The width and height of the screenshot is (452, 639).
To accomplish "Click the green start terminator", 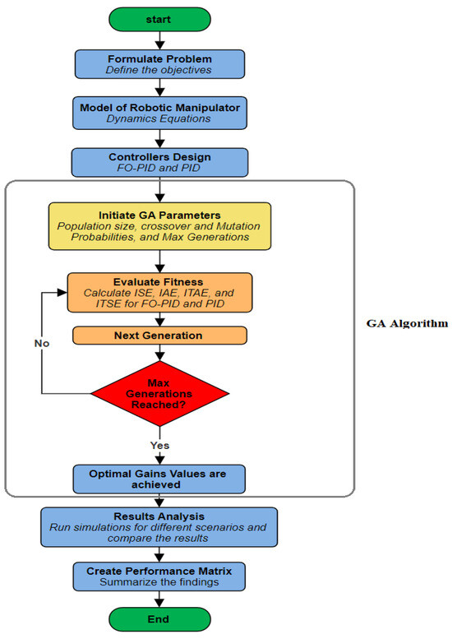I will (160, 17).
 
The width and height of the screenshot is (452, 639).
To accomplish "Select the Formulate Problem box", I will (160, 64).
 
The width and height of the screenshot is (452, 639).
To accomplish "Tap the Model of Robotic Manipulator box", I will (160, 112).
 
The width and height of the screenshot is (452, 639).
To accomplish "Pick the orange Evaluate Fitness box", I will (160, 292).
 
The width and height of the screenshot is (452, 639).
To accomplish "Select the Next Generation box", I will (160, 336).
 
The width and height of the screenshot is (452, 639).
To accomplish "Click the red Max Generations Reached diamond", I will (160, 392).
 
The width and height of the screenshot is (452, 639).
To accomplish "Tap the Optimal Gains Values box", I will (160, 478).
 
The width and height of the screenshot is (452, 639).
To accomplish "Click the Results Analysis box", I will (160, 526).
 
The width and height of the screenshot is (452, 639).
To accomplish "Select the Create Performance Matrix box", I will (160, 574).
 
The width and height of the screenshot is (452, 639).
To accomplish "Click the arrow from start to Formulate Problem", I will (160, 40).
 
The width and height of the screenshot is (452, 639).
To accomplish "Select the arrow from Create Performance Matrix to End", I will (160, 596).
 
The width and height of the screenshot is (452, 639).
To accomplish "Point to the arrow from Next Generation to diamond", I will (160, 352).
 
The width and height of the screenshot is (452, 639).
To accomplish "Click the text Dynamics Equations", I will (160, 118).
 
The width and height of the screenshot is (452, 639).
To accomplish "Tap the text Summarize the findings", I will (160, 581).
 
